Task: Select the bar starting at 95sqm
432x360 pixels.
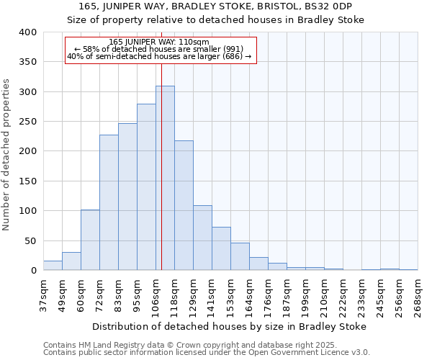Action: point(146,187)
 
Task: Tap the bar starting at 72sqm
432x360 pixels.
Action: point(109,202)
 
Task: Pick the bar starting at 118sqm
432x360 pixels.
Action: point(184,205)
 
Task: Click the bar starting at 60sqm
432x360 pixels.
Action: point(90,240)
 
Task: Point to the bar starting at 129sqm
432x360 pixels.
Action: point(202,238)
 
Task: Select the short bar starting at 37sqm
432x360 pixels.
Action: point(53,266)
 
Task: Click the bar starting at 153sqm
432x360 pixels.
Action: point(240,256)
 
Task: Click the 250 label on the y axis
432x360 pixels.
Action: point(28,122)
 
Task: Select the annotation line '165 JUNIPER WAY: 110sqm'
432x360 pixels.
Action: point(160,42)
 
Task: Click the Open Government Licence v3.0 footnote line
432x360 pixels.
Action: point(207,352)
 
